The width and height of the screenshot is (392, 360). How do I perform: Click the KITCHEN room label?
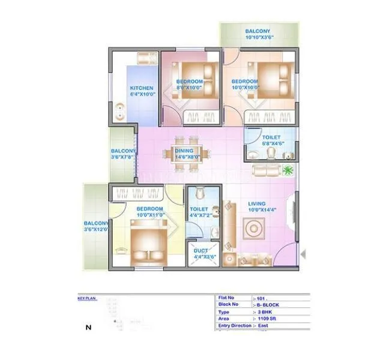click(x=142, y=88)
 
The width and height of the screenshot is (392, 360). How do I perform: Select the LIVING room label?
click(x=256, y=204)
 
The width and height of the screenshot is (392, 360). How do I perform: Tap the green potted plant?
click(x=289, y=170)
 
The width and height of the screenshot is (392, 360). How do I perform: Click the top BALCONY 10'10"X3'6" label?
click(x=258, y=34)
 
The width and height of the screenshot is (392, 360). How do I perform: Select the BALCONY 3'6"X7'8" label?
click(x=123, y=154)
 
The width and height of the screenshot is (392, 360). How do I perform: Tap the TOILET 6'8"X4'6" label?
click(x=271, y=140)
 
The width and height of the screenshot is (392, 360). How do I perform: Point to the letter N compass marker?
click(x=89, y=328)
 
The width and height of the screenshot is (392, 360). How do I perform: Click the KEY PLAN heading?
click(x=87, y=298)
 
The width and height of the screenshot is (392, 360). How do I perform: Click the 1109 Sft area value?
click(x=268, y=319)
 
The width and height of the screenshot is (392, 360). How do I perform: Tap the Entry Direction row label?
click(x=235, y=326)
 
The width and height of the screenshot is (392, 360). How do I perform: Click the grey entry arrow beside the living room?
click(x=303, y=254)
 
